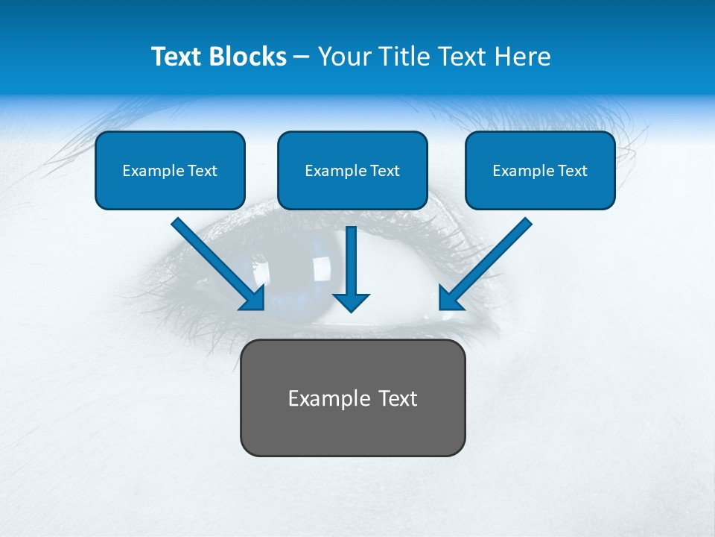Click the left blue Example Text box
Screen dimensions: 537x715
(170, 171)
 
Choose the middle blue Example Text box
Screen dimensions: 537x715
(352, 171)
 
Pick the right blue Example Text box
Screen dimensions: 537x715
(540, 171)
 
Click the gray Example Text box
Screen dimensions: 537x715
(352, 398)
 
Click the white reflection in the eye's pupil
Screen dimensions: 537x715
(322, 266)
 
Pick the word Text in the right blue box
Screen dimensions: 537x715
(573, 171)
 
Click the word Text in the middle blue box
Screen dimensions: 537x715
(385, 171)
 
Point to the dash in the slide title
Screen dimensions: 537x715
(302, 57)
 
